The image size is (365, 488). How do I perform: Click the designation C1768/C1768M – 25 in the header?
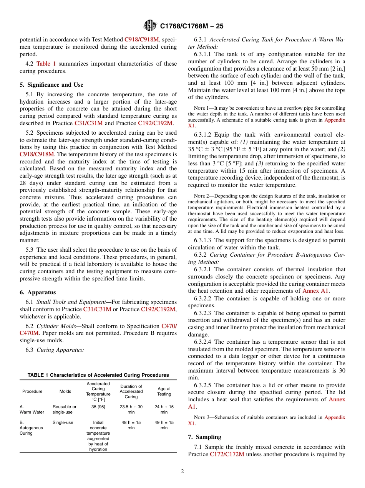coord(192,26)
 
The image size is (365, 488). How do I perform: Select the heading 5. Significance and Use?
coord(51,85)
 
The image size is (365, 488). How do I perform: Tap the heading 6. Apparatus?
coord(38,292)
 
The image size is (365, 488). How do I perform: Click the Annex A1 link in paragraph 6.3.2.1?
coord(316,291)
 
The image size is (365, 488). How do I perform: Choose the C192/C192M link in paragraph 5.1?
coord(155,123)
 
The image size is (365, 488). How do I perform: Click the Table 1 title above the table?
coord(98,375)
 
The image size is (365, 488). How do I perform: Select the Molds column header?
coord(65,391)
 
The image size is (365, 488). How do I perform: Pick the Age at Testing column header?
coord(164,391)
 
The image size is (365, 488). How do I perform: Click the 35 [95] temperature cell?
coord(98,407)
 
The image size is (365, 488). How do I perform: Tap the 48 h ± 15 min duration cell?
coord(131,425)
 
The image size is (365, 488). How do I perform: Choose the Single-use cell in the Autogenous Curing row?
coord(63,422)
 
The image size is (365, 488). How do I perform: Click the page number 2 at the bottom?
coord(182,472)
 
